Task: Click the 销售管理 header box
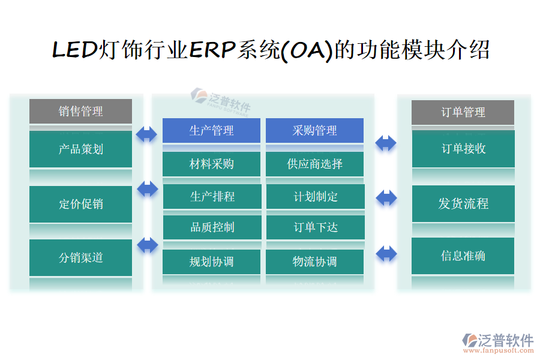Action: [x=80, y=111]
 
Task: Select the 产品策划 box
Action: [x=80, y=149]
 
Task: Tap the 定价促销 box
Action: [x=80, y=203]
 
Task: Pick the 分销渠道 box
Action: [x=80, y=257]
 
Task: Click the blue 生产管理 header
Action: [x=211, y=130]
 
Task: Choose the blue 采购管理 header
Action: [x=314, y=130]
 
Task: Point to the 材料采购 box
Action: [x=211, y=164]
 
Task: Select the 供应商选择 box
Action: [x=314, y=164]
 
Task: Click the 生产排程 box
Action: [x=212, y=196]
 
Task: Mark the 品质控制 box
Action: [x=212, y=227]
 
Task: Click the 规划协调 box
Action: [x=211, y=262]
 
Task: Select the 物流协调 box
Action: [x=314, y=262]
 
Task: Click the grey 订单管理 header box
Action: [x=463, y=112]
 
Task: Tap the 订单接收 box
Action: [x=463, y=148]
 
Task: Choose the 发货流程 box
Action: [x=463, y=203]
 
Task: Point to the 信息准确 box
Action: [x=463, y=256]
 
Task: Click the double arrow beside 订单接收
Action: [x=386, y=143]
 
